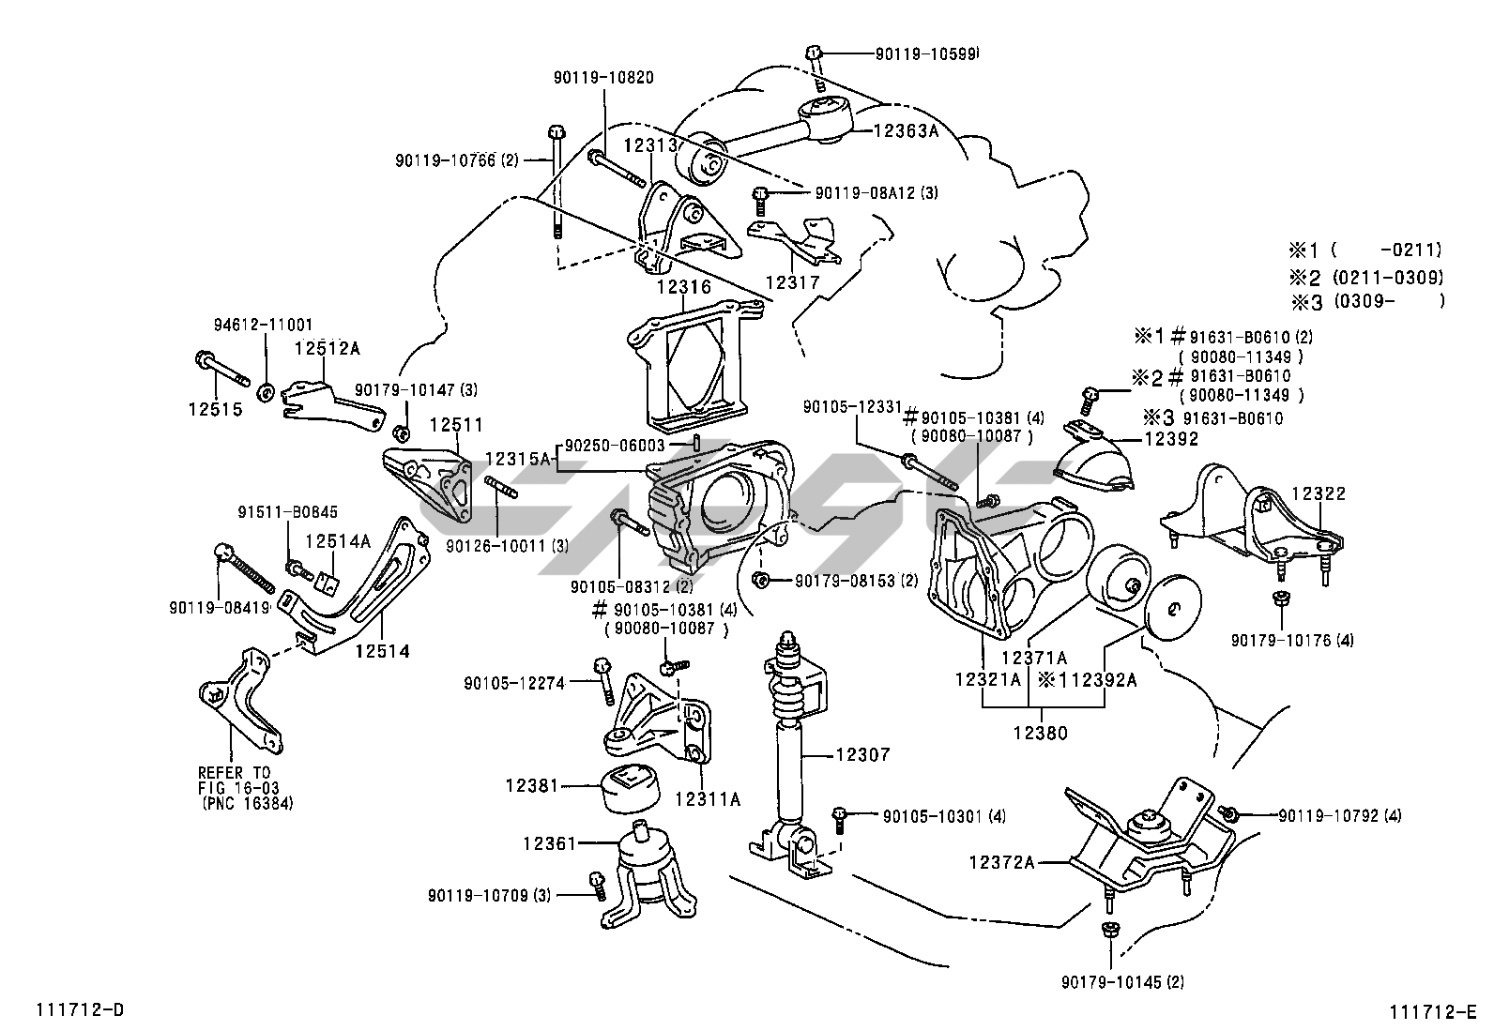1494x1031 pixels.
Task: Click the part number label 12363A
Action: [x=907, y=132]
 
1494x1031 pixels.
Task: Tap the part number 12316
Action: [x=684, y=288]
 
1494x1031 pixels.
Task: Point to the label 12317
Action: [x=792, y=281]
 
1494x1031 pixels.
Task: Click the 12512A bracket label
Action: [x=327, y=348]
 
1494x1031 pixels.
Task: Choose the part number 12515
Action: [x=215, y=409]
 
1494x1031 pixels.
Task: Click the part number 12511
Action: [x=456, y=425]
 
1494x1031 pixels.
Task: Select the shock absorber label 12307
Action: [x=861, y=754]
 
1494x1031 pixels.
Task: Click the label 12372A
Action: [x=1002, y=860]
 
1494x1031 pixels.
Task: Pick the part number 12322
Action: [x=1319, y=493]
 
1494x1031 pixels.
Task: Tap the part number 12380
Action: [x=1040, y=734]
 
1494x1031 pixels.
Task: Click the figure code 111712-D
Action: [x=80, y=1010]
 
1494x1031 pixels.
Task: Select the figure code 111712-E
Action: [x=1433, y=1012]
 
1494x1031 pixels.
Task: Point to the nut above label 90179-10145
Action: [x=1108, y=930]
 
